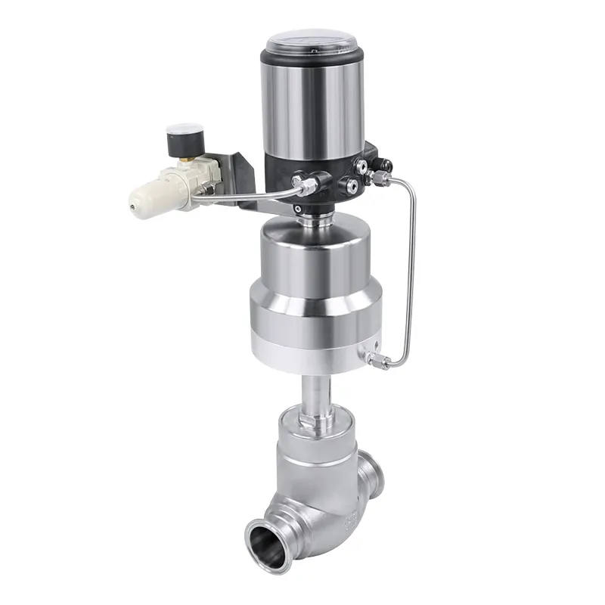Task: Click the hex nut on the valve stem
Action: coord(315,415)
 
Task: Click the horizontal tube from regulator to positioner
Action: coord(250,197)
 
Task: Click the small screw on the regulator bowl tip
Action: coord(133,203)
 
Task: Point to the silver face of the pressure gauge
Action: coord(176,130)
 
